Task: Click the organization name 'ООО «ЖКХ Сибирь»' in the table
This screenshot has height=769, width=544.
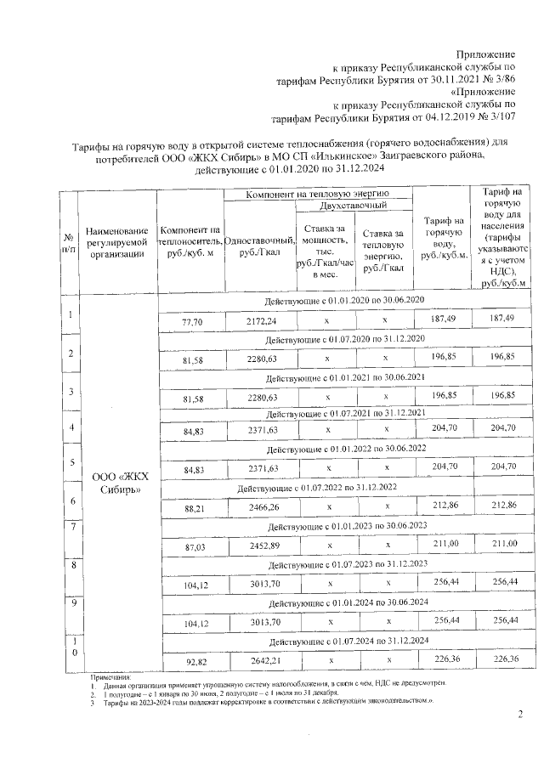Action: pos(117,483)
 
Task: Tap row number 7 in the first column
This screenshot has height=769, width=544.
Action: pos(65,527)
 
